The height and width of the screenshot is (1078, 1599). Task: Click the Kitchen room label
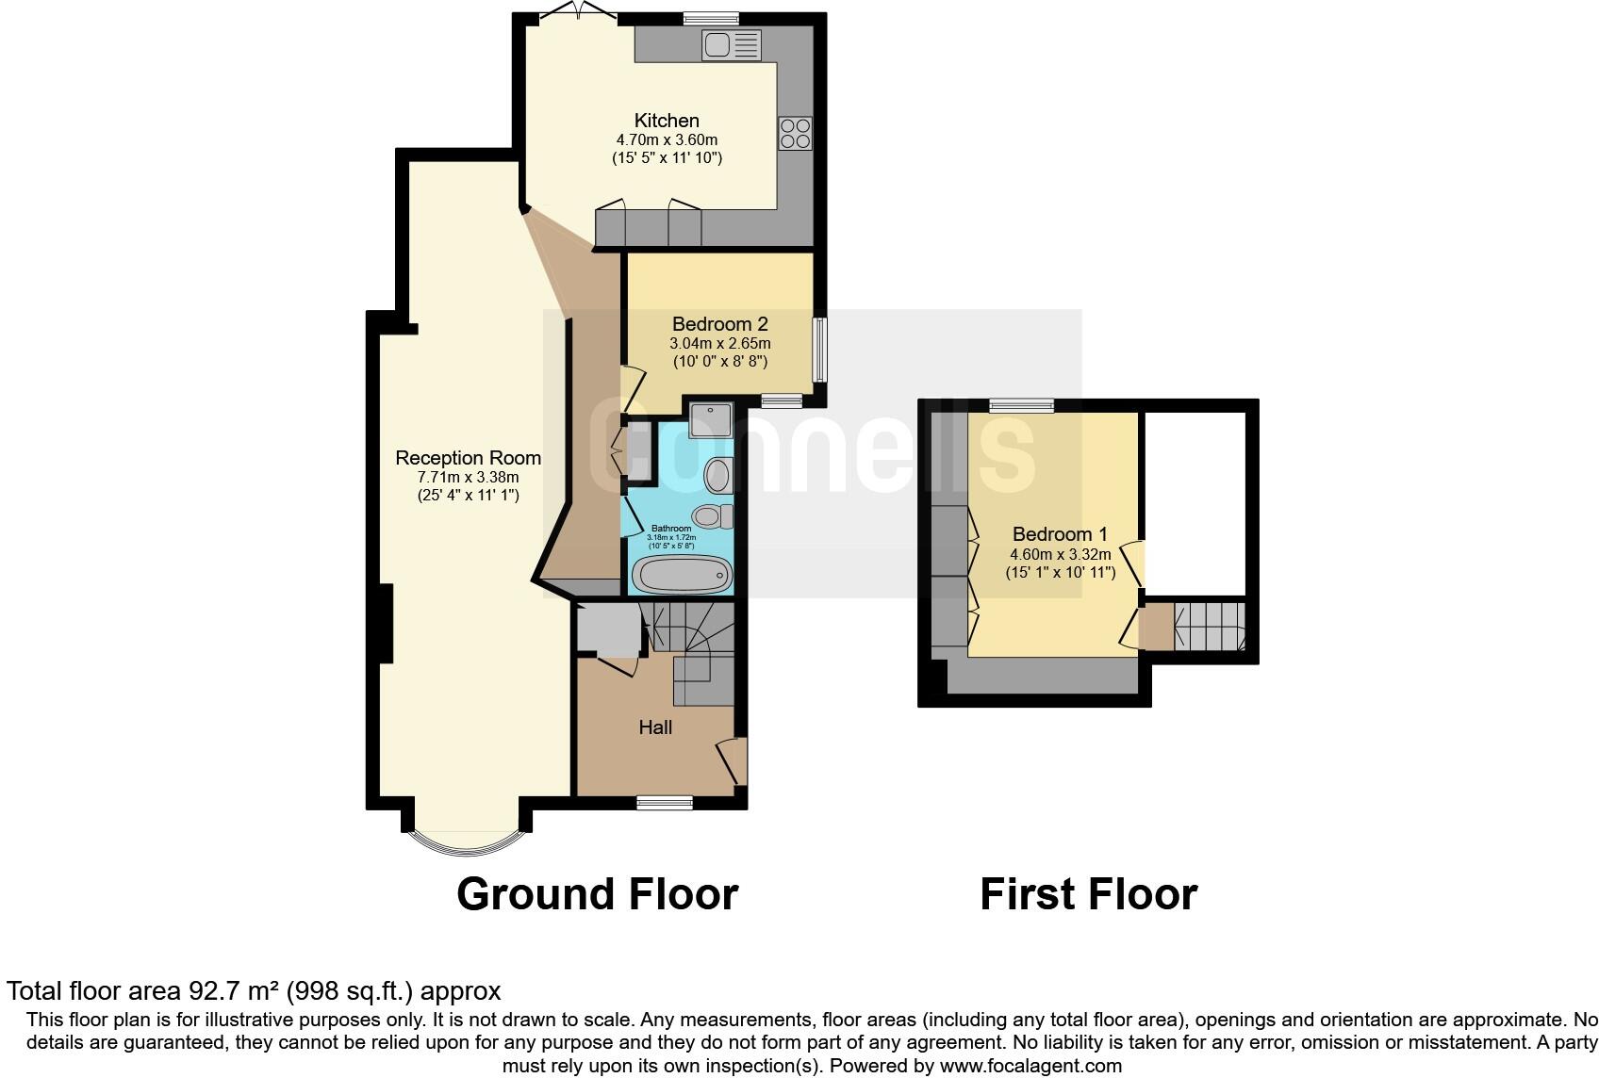click(667, 121)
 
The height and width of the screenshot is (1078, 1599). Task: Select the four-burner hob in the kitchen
click(795, 133)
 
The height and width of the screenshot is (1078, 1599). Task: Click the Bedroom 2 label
click(719, 324)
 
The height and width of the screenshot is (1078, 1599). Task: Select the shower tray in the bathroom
click(711, 420)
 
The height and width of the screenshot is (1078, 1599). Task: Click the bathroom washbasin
click(719, 475)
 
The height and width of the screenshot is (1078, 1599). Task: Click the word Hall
click(655, 727)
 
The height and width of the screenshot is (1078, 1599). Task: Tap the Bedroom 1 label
click(1060, 534)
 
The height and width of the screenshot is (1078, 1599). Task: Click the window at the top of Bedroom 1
click(1021, 405)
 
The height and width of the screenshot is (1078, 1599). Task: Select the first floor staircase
click(1210, 627)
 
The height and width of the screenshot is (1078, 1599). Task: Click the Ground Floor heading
click(597, 893)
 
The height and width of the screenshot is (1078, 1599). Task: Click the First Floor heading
click(1088, 893)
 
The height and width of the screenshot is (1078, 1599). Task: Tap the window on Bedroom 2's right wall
click(819, 350)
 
